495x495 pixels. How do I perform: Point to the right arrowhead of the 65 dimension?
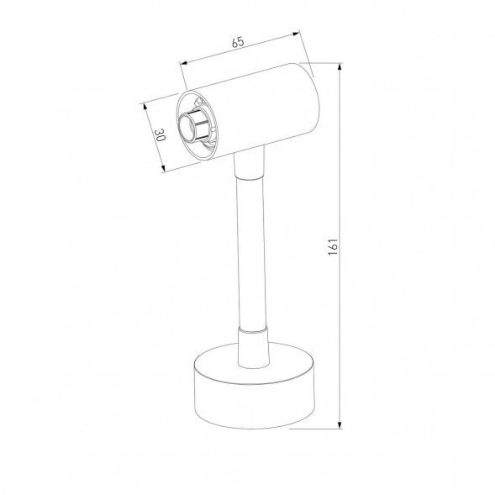tap(297, 34)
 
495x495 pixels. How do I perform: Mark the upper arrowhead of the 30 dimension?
tap(145, 105)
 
